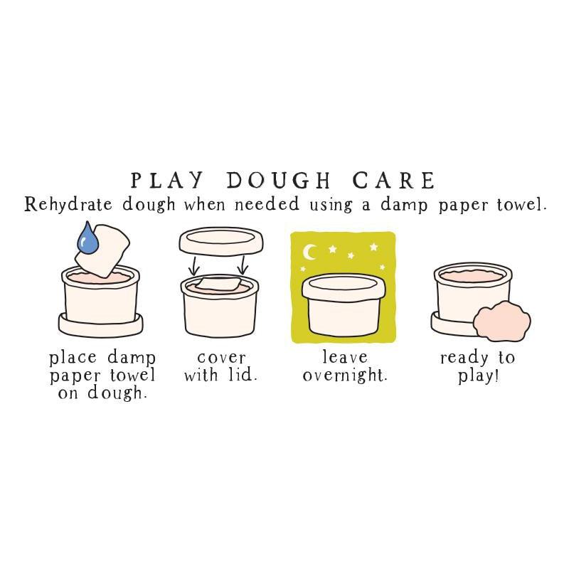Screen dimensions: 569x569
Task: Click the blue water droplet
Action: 87,239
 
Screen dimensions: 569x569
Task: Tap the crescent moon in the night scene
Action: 310,252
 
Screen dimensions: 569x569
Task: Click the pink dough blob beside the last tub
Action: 502,323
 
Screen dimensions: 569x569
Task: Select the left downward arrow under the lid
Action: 194,265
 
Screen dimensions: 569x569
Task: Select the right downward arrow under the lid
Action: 243,265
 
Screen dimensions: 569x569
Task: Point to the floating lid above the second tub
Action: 221,241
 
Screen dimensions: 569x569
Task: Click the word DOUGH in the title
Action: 278,180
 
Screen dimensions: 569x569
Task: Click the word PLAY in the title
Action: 166,180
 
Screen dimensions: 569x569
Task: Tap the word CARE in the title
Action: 394,180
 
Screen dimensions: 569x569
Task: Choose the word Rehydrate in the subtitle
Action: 68,205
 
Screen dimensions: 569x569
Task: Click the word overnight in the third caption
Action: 345,376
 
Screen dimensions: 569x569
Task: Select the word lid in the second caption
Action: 243,374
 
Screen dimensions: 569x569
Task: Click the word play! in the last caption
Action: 478,376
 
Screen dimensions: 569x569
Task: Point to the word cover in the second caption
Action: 221,358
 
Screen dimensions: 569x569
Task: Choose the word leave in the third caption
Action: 345,357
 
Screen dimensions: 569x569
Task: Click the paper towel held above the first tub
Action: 103,250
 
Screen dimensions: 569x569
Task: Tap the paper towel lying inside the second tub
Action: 218,284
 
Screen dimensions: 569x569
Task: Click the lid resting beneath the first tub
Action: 100,325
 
